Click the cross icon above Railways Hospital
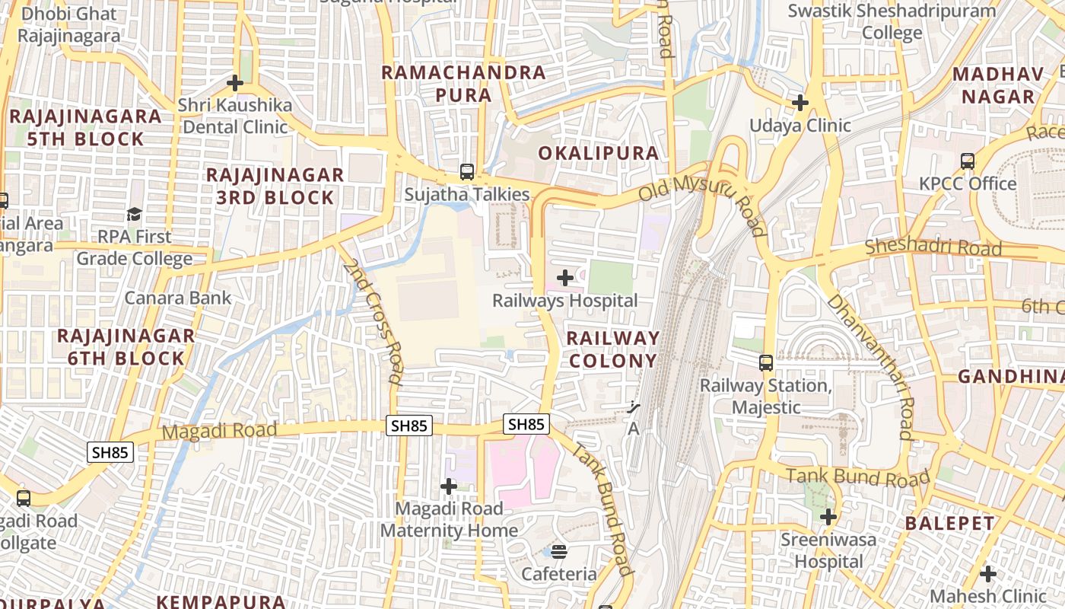click(x=565, y=278)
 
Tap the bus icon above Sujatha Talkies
click(x=467, y=172)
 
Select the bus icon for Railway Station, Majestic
click(x=766, y=363)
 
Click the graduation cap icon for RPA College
click(x=135, y=214)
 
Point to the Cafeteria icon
click(x=559, y=551)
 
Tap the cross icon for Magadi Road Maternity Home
click(x=449, y=486)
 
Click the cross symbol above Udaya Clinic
click(x=800, y=102)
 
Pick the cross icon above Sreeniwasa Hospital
click(x=828, y=518)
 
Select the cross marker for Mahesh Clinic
click(x=988, y=573)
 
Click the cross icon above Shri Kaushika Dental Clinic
click(x=235, y=83)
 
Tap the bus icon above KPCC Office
click(x=968, y=161)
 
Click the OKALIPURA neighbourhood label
click(x=599, y=153)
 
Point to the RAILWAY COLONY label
click(x=612, y=349)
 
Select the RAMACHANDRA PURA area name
click(x=463, y=84)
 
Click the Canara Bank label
click(x=177, y=298)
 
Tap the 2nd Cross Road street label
click(x=372, y=321)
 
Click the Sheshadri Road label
click(x=933, y=249)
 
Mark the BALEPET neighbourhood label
click(x=949, y=524)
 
